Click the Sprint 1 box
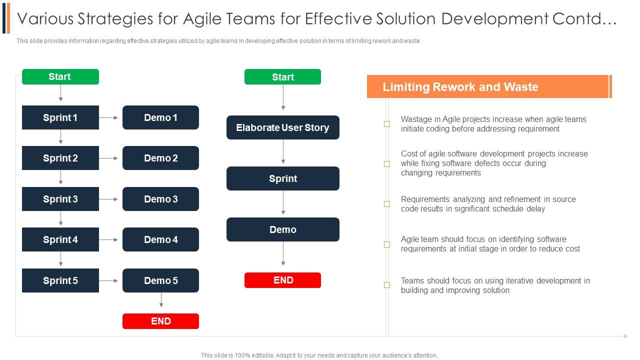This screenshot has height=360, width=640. (60, 117)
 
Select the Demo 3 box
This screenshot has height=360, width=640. (160, 199)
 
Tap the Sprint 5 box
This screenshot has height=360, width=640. (60, 280)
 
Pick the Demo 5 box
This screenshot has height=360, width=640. (160, 280)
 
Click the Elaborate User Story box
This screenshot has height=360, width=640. (282, 127)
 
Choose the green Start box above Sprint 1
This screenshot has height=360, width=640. (60, 76)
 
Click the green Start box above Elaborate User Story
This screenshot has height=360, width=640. (282, 77)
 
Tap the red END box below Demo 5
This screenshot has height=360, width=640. (160, 321)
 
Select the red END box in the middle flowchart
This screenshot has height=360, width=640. (282, 280)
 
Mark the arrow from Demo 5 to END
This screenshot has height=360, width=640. (161, 300)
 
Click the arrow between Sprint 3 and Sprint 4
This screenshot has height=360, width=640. (61, 218)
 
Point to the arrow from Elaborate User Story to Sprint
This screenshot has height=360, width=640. (283, 152)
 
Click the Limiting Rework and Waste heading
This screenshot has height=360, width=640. (460, 87)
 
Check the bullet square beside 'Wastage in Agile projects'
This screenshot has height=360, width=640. (387, 124)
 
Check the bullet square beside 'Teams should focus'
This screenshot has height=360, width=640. (387, 285)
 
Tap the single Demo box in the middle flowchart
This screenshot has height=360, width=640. (282, 229)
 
